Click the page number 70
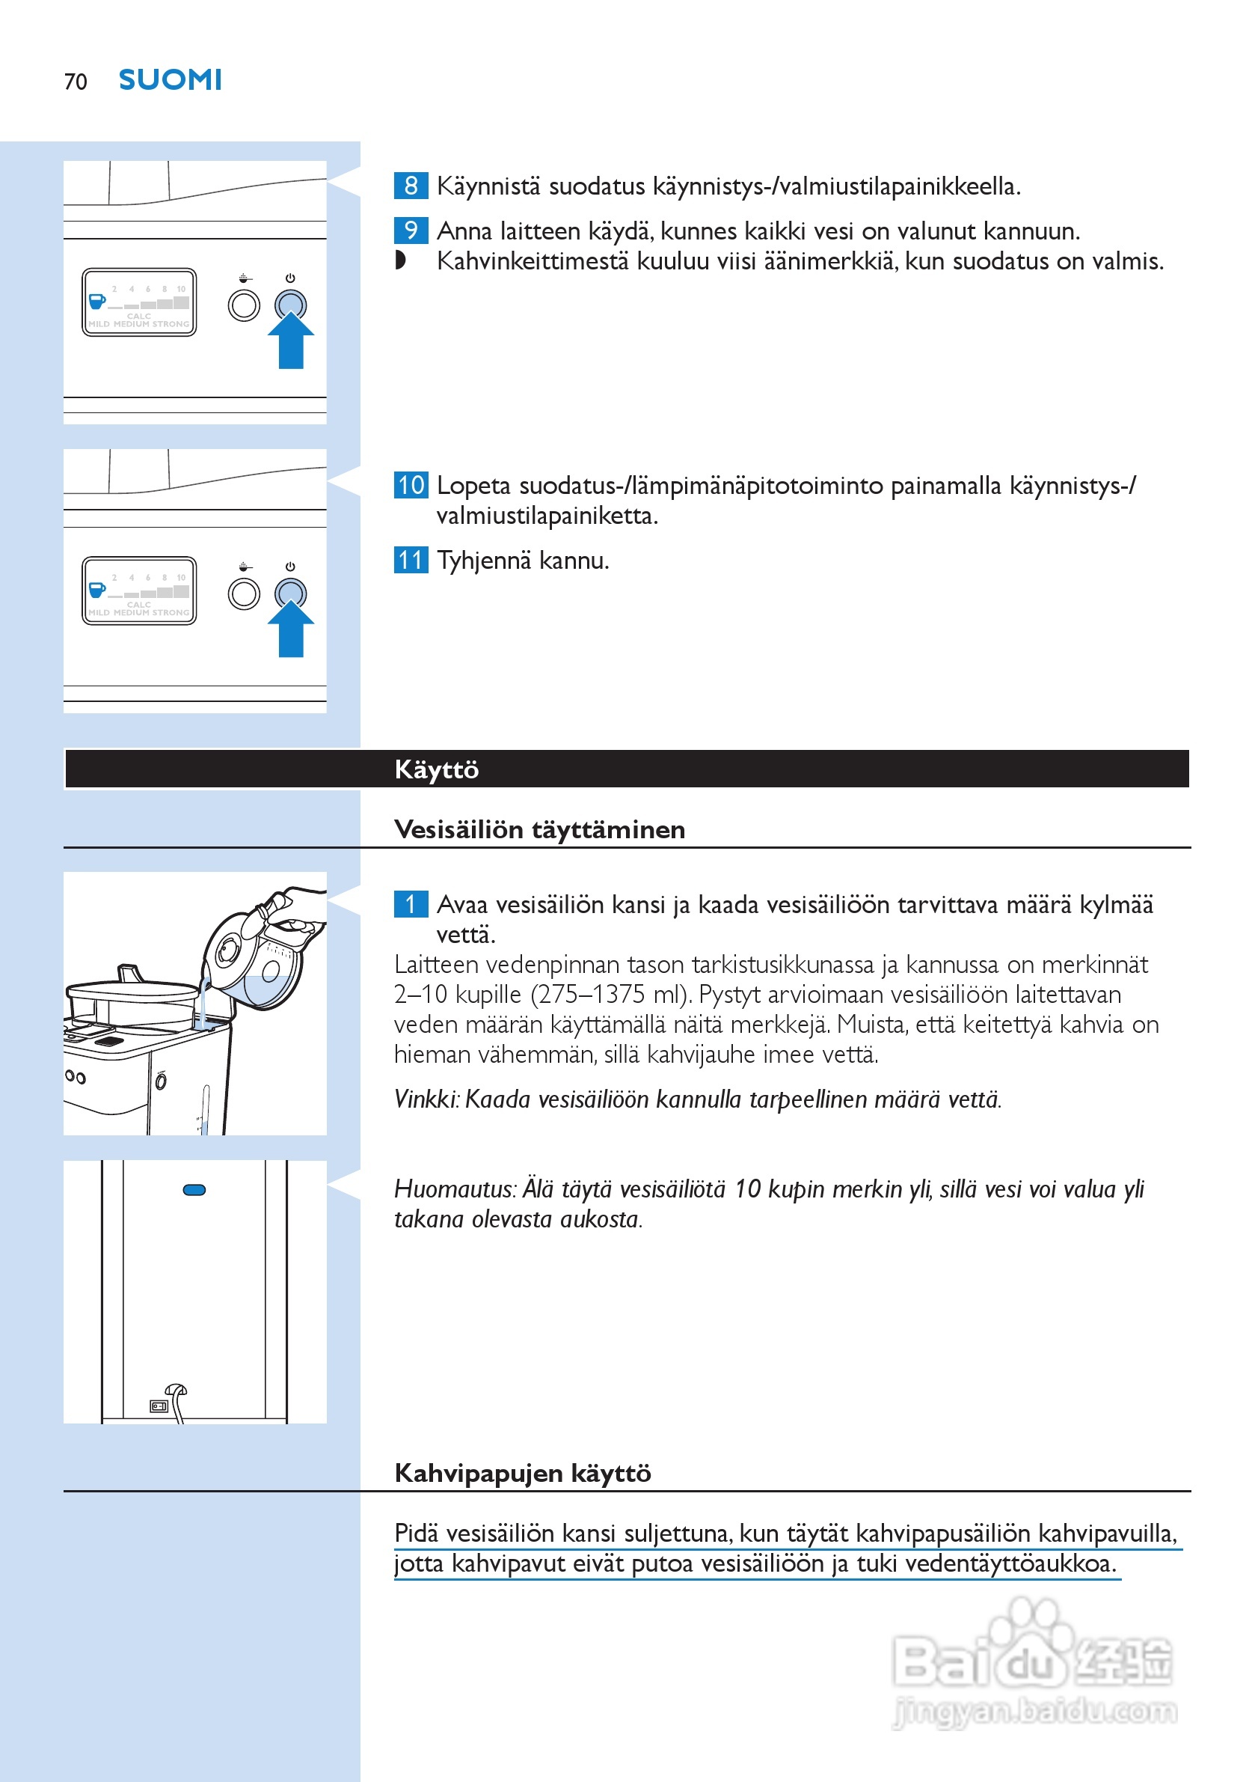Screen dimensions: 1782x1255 click(x=76, y=82)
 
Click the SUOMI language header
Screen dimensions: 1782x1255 click(x=170, y=80)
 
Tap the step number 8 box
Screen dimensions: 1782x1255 click(x=411, y=186)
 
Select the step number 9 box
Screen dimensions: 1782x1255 click(x=411, y=231)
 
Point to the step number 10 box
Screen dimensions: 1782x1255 click(x=411, y=485)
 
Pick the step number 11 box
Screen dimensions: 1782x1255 click(x=411, y=560)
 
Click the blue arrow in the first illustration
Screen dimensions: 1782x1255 click(x=291, y=341)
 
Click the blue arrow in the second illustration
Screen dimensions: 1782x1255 click(x=291, y=629)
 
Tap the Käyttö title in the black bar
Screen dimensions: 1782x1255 click(x=437, y=769)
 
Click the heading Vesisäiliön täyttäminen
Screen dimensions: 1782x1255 click(x=539, y=830)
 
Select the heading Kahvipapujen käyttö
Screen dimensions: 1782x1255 click(x=522, y=1473)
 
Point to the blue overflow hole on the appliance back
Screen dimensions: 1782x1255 click(x=194, y=1190)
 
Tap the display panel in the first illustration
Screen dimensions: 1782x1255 click(x=139, y=302)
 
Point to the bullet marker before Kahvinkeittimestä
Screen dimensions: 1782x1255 click(x=400, y=260)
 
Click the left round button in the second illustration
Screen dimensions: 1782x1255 click(x=244, y=594)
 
